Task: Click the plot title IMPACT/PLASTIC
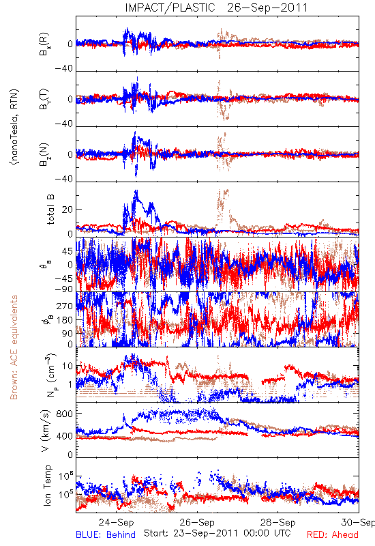coord(170,8)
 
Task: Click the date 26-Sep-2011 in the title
coord(267,8)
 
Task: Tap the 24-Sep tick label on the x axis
coord(116,522)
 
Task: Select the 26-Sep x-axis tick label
coord(197,522)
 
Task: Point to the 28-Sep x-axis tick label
coord(278,522)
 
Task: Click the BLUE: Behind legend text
coord(106,534)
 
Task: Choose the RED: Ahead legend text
coord(333,534)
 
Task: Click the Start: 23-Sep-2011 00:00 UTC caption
coord(217,533)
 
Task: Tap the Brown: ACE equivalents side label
coord(14,347)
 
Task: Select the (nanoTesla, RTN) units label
coord(15,127)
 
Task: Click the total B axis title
coord(50,210)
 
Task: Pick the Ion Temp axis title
coord(47,485)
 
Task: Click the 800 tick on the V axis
coord(65,414)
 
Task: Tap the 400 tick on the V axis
coord(65,435)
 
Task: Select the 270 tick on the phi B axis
coord(65,306)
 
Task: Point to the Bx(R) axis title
coord(44,44)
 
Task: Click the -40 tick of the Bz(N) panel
coord(64,179)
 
